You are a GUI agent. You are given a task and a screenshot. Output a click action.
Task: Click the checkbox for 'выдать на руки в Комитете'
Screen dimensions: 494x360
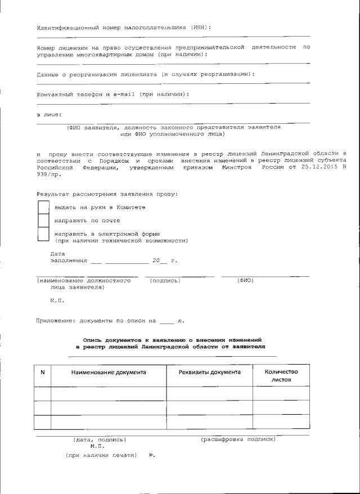tap(43, 208)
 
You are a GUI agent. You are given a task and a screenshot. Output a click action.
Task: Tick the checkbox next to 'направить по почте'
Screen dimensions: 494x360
tap(43, 221)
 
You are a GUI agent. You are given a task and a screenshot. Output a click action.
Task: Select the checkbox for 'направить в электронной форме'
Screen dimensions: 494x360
tap(43, 235)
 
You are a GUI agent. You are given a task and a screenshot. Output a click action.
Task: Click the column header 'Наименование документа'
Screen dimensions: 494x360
tap(109, 372)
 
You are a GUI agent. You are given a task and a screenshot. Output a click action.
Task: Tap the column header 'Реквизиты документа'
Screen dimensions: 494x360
tap(209, 372)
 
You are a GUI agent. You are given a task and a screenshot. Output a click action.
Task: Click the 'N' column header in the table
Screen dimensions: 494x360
tap(43, 372)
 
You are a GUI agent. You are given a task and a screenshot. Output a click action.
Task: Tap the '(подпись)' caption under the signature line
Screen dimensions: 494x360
tap(165, 280)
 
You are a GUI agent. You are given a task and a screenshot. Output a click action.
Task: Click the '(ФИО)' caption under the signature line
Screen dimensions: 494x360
tap(245, 280)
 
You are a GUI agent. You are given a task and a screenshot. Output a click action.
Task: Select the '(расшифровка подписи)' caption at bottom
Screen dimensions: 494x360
tap(238, 439)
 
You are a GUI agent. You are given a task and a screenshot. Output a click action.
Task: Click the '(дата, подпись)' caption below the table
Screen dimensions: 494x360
tap(100, 439)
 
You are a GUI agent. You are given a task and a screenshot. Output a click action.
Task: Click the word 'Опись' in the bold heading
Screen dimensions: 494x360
tap(93, 340)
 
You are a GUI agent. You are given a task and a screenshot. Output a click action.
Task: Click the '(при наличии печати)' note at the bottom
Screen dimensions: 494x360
tap(101, 454)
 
